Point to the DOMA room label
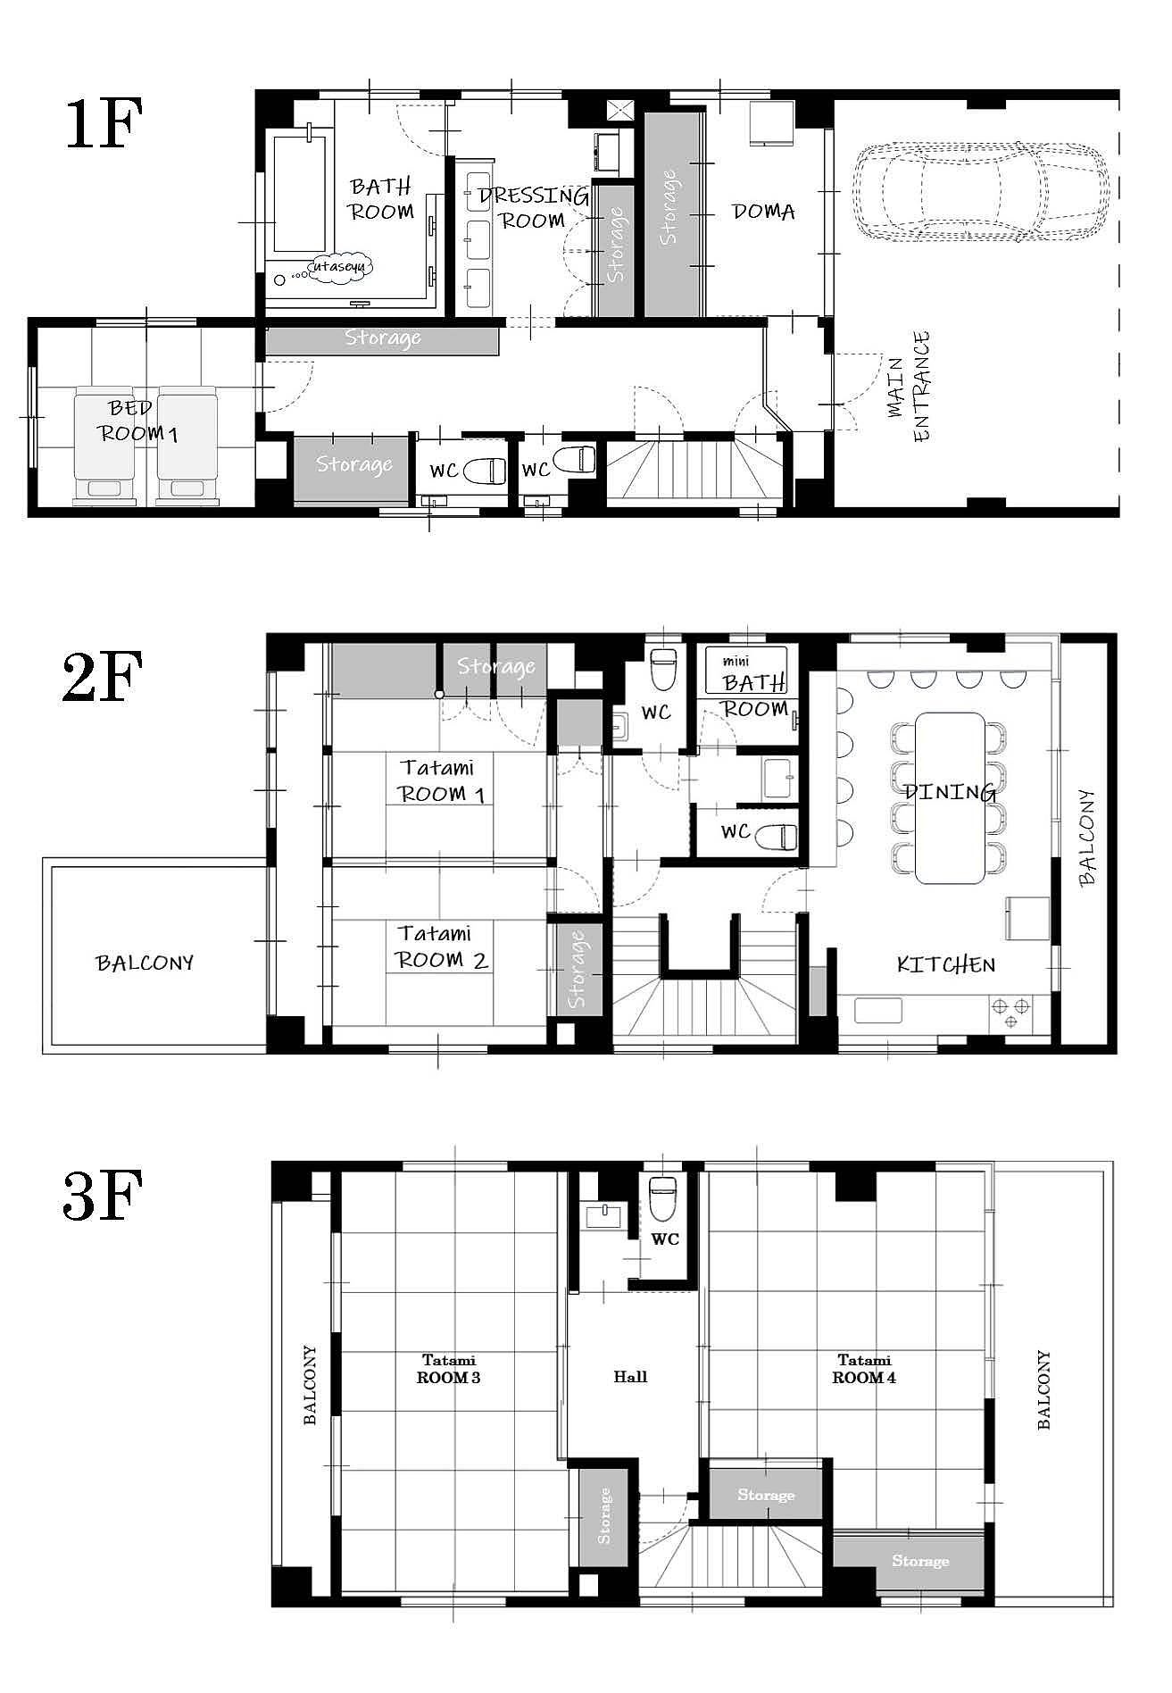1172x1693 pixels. tap(763, 212)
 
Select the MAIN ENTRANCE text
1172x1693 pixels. tap(910, 386)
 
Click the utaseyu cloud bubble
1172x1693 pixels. tap(341, 266)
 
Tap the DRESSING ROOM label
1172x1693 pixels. tap(532, 208)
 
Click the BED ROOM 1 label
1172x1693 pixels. tap(138, 421)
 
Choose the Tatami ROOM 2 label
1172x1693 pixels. tap(443, 947)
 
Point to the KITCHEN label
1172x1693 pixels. tap(946, 964)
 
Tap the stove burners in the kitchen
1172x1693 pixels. tap(1010, 1013)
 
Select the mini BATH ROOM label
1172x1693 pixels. tap(754, 686)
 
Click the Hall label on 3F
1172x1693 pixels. tap(630, 1377)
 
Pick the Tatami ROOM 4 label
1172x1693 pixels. tap(864, 1369)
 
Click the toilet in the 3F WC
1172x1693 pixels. tap(661, 1198)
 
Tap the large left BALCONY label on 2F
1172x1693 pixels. tap(145, 963)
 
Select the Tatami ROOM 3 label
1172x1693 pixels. tap(449, 1369)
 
